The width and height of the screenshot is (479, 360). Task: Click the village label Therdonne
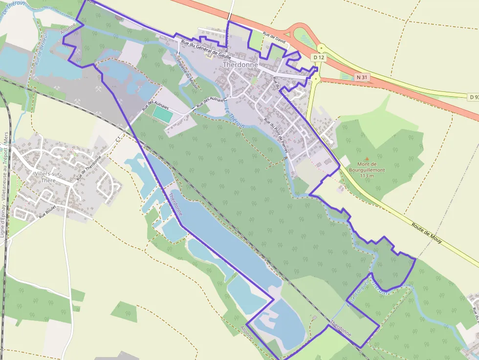coord(239,65)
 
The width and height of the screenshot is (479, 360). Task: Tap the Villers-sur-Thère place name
coord(51,176)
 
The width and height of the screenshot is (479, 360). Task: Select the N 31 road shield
coord(362,77)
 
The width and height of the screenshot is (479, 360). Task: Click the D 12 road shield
coord(319,58)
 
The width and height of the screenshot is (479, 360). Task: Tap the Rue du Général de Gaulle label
coord(206,49)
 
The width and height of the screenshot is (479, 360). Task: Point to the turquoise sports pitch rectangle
coord(163,114)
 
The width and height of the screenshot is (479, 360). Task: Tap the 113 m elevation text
coord(367,176)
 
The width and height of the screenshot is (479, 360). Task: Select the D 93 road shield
coord(473,97)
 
